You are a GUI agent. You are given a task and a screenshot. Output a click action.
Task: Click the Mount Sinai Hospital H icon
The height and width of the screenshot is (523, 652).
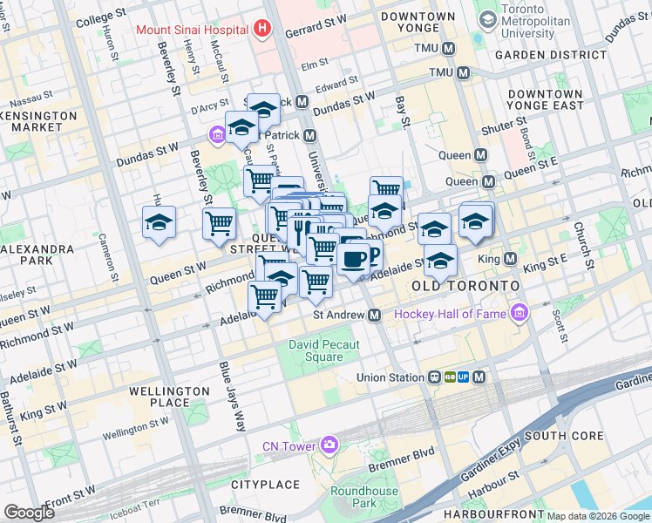262,30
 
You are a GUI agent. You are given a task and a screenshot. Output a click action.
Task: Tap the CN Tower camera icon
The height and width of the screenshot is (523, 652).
329,446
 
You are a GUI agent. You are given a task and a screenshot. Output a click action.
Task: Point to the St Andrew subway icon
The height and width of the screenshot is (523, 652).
374,315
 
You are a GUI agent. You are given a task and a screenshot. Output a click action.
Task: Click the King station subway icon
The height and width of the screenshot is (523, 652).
509,259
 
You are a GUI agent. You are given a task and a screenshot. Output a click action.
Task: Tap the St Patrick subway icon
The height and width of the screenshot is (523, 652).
310,135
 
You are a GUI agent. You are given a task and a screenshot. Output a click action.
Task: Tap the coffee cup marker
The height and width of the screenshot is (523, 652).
353,259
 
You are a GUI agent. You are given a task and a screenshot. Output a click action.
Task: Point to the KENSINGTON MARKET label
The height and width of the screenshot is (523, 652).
31,121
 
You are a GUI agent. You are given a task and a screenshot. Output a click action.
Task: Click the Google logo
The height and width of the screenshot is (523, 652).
29,513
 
